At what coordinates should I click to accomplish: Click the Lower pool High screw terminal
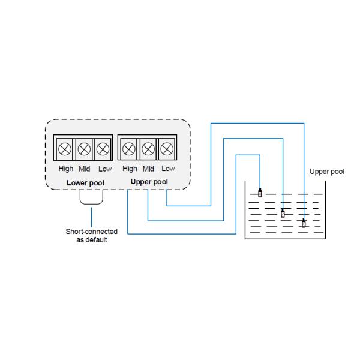click(x=65, y=148)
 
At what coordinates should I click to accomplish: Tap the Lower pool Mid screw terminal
click(x=85, y=148)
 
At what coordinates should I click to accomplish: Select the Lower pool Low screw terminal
click(x=104, y=148)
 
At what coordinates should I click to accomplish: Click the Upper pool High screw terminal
click(x=129, y=148)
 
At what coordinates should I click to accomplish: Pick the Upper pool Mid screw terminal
click(x=148, y=148)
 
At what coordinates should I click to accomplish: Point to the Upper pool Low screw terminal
click(x=167, y=148)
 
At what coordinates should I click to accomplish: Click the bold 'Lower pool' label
click(x=85, y=182)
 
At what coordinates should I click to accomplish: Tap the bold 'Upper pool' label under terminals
click(x=149, y=181)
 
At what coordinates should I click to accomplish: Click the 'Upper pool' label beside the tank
click(x=327, y=171)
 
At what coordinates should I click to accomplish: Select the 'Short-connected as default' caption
click(x=92, y=235)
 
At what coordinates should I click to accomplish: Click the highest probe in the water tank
click(x=260, y=193)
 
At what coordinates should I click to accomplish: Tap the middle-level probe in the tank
click(x=283, y=212)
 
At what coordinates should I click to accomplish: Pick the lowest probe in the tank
click(x=304, y=224)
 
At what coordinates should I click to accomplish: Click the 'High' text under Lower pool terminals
click(x=65, y=169)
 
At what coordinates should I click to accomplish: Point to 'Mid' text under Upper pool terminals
click(x=148, y=169)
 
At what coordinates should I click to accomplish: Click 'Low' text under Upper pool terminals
click(x=168, y=169)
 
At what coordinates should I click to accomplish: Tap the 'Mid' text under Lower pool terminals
click(x=85, y=169)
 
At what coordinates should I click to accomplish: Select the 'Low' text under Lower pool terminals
click(x=104, y=169)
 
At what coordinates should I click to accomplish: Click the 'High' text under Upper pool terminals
click(x=129, y=169)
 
